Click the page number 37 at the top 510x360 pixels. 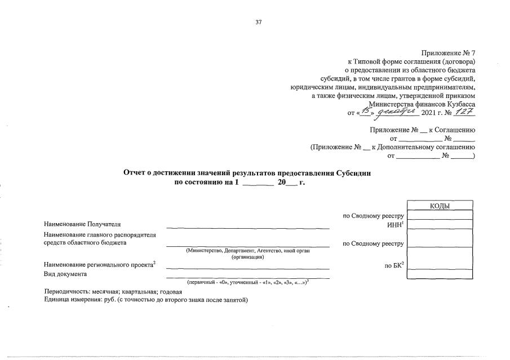[259, 23]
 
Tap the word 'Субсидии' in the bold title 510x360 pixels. [353, 174]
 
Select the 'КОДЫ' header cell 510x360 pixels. [440, 206]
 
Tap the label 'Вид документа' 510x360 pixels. [65, 274]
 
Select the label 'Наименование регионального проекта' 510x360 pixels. [99, 265]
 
